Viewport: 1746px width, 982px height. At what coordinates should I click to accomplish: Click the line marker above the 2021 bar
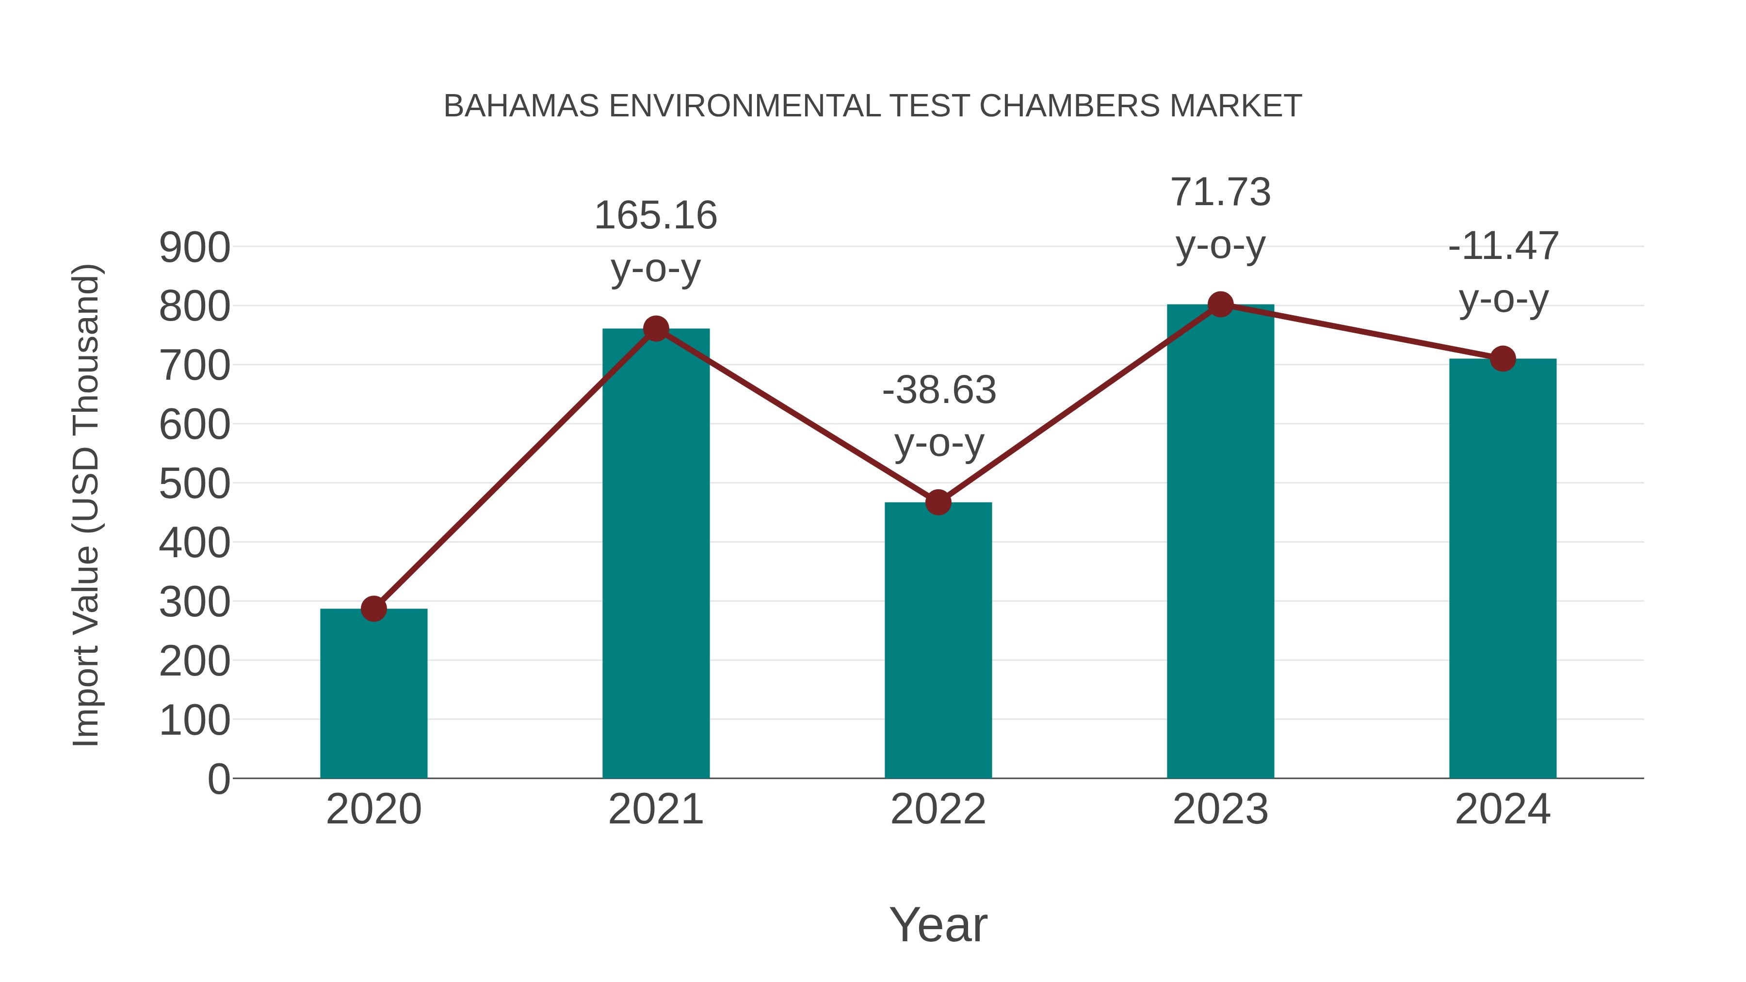pyautogui.click(x=655, y=329)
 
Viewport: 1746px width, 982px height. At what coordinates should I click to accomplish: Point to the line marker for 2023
pyautogui.click(x=1220, y=305)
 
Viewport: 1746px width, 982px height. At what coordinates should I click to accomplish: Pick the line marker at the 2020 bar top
pyautogui.click(x=373, y=609)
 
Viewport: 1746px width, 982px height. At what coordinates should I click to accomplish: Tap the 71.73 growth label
pyautogui.click(x=1220, y=193)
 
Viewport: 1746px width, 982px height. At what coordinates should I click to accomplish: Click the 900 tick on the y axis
pyautogui.click(x=194, y=248)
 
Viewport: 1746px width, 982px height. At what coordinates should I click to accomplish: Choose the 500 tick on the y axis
pyautogui.click(x=194, y=484)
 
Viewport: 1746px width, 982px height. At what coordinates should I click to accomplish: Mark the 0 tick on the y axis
pyautogui.click(x=218, y=779)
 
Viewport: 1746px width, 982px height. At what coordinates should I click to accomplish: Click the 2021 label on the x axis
pyautogui.click(x=655, y=809)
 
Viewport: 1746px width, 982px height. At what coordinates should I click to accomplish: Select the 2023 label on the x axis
pyautogui.click(x=1220, y=809)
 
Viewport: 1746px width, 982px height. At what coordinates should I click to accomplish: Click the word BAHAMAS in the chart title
pyautogui.click(x=521, y=106)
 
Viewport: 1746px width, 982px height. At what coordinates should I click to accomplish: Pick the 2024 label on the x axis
pyautogui.click(x=1503, y=809)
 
